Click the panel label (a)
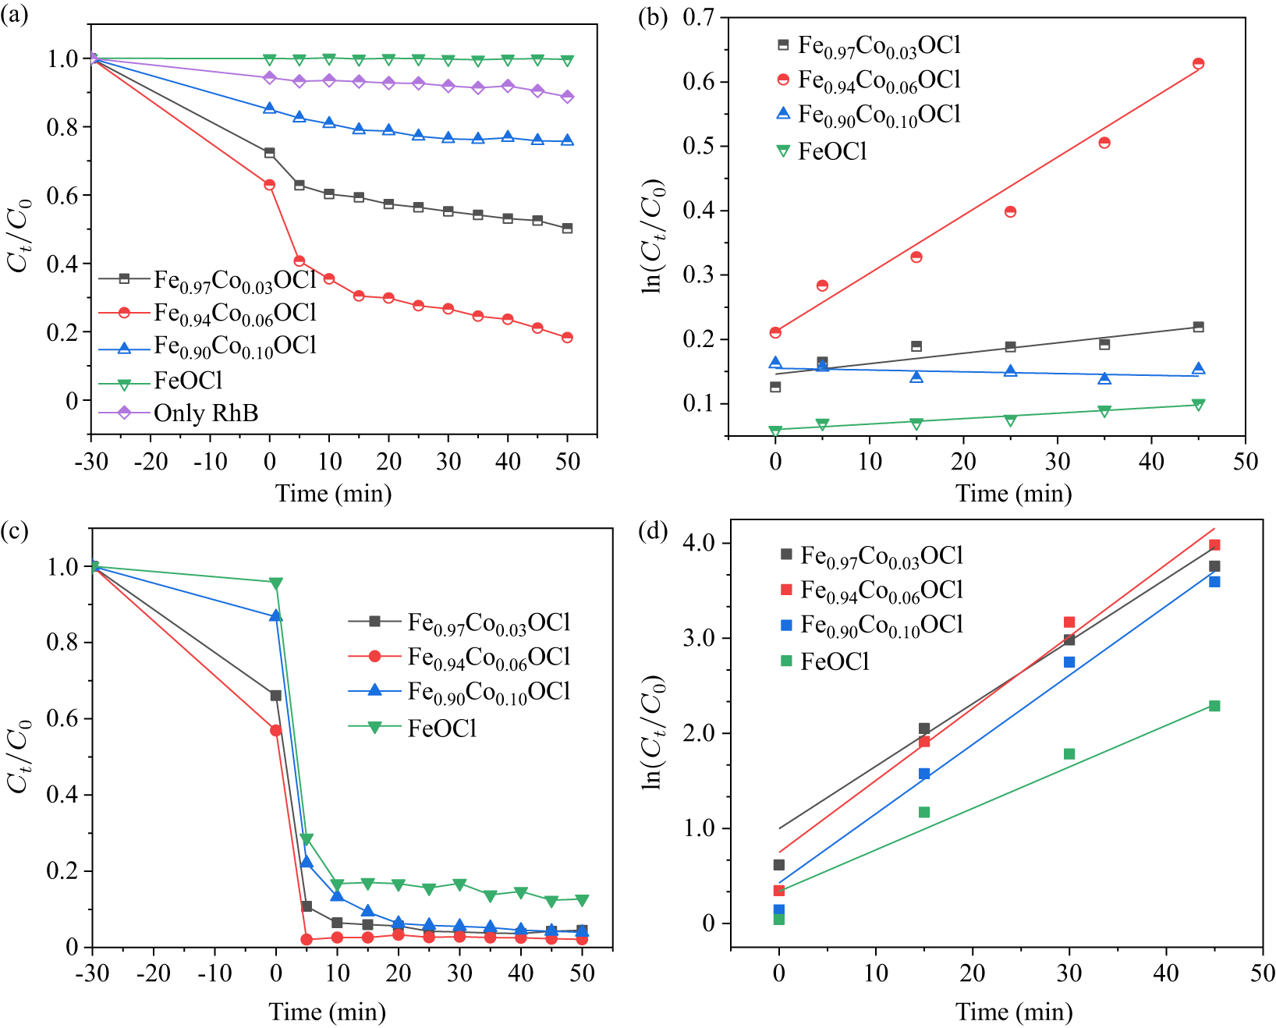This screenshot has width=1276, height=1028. pyautogui.click(x=14, y=15)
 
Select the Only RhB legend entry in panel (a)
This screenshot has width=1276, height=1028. pyautogui.click(x=205, y=413)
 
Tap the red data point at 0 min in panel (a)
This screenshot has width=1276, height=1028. pyautogui.click(x=270, y=185)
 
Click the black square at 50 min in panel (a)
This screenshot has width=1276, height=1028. pyautogui.click(x=567, y=229)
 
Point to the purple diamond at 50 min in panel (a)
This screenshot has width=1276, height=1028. pyautogui.click(x=567, y=97)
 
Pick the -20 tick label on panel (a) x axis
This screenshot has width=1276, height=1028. pyautogui.click(x=151, y=461)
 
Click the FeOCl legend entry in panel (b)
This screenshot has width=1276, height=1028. pyautogui.click(x=831, y=151)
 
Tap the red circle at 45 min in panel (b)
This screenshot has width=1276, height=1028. pyautogui.click(x=1198, y=64)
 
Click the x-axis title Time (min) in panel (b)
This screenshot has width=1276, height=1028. pyautogui.click(x=1013, y=494)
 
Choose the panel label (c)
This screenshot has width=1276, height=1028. pyautogui.click(x=14, y=531)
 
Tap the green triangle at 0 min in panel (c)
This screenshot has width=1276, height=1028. pyautogui.click(x=275, y=583)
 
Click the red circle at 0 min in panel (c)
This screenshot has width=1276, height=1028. pyautogui.click(x=275, y=730)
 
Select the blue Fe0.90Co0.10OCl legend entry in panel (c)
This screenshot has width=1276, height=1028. pyautogui.click(x=488, y=692)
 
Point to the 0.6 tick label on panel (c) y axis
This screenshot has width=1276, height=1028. pyautogui.click(x=62, y=718)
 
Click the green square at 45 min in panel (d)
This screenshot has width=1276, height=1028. pyautogui.click(x=1214, y=706)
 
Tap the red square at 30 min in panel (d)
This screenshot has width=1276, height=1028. pyautogui.click(x=1069, y=622)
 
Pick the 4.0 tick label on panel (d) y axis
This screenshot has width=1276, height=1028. pyautogui.click(x=700, y=543)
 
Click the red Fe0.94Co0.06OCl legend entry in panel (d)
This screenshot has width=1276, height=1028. pyautogui.click(x=881, y=590)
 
